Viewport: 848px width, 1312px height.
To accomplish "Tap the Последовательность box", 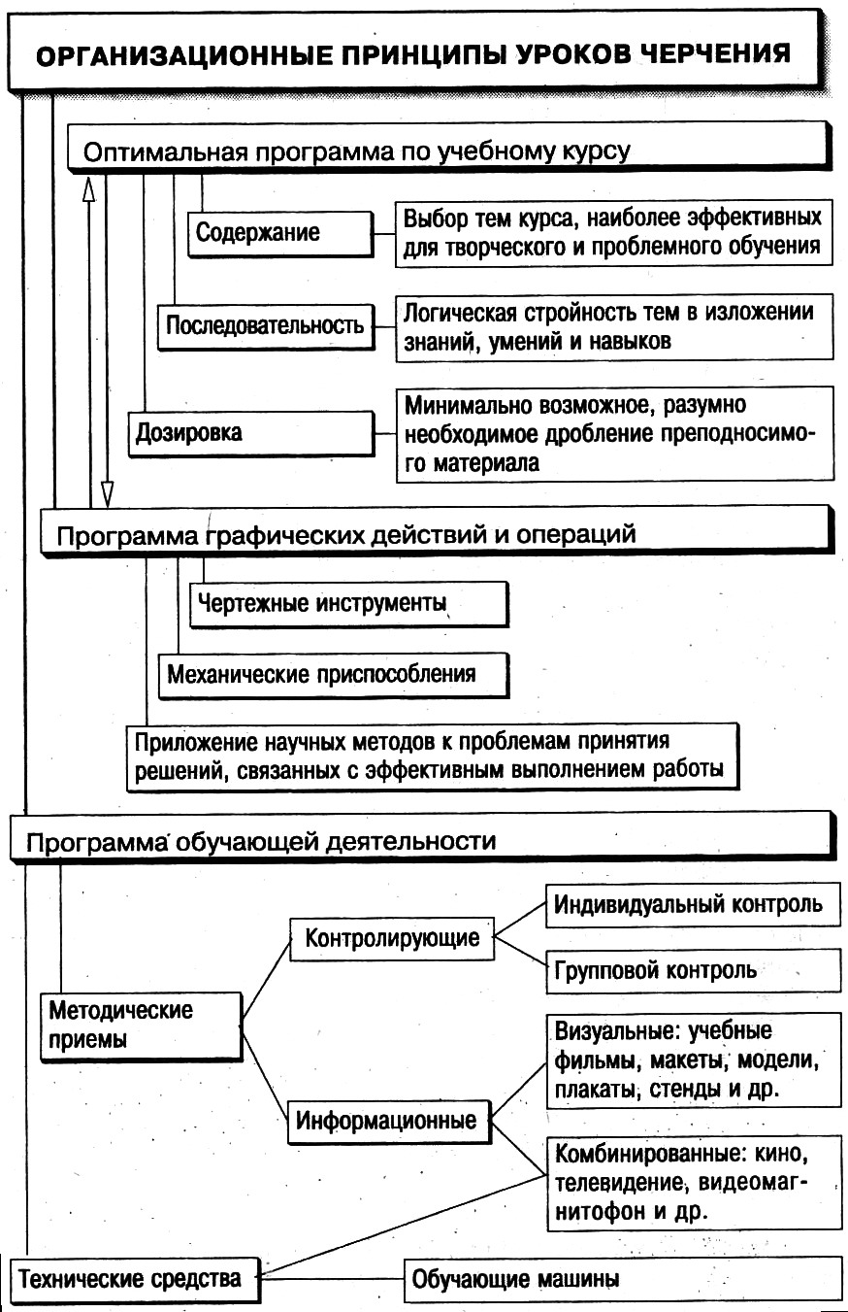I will click(264, 324).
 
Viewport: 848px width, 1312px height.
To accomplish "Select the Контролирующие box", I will click(392, 939).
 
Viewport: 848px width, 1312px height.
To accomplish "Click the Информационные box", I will click(386, 1121).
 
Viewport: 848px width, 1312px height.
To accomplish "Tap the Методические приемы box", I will click(140, 1025).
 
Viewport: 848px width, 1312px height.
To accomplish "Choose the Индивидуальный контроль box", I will click(690, 904).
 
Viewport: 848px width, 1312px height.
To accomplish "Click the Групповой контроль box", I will click(690, 970).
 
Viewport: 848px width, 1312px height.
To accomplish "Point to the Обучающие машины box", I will click(621, 1279).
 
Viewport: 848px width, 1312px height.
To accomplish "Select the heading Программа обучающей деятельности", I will click(262, 841).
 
